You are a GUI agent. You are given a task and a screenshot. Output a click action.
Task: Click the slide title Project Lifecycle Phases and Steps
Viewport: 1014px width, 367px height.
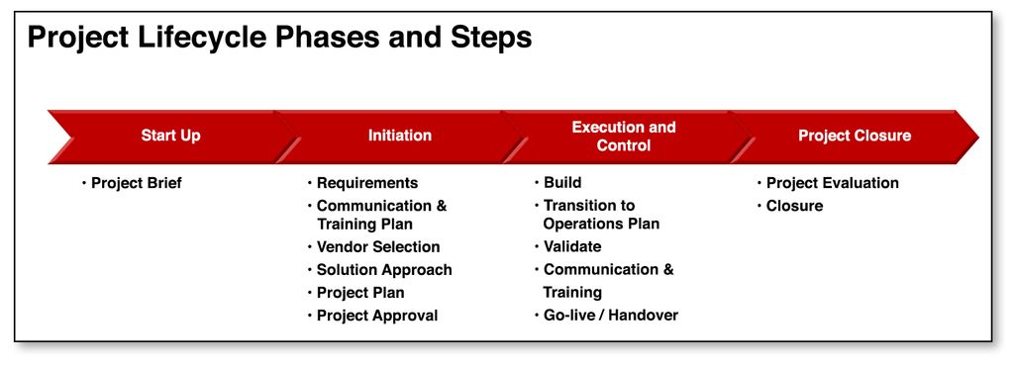coord(279,38)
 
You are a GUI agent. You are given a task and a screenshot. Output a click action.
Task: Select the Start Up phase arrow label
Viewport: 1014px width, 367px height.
coord(170,136)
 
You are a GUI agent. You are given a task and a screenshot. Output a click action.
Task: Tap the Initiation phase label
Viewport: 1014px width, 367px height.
coord(400,136)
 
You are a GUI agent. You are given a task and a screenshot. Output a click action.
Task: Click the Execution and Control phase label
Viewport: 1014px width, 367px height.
coord(624,137)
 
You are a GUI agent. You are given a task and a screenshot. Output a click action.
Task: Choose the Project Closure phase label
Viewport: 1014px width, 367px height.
coord(855,136)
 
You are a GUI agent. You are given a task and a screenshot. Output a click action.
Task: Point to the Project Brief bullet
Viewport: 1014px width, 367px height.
coord(137,183)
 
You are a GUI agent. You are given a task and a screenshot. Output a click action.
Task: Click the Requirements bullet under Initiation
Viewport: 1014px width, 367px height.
coord(366,183)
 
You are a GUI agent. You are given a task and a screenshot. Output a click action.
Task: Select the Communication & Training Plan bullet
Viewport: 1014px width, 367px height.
coord(381,215)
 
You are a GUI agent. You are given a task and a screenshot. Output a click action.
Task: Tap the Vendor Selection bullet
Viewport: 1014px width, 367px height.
coord(377,246)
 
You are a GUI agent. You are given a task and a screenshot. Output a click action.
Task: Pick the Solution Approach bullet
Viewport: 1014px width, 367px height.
coord(384,269)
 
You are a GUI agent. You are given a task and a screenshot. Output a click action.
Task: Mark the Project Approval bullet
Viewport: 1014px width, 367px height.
coord(376,316)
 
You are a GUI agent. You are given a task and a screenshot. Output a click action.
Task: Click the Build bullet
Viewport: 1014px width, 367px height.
coord(562,183)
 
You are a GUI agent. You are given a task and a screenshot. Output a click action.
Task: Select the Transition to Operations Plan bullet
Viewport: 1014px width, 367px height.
coord(600,215)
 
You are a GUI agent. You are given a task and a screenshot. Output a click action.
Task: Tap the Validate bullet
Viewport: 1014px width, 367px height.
coord(571,246)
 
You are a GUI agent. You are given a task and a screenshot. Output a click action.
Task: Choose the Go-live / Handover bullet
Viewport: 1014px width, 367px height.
coord(610,316)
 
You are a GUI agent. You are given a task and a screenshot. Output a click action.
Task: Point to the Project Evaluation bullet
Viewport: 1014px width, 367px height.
coord(832,183)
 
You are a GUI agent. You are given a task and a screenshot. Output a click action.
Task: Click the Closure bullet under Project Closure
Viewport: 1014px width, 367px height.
coord(794,206)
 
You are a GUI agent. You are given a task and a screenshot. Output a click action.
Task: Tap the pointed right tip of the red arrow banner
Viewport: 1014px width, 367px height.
coord(974,138)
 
